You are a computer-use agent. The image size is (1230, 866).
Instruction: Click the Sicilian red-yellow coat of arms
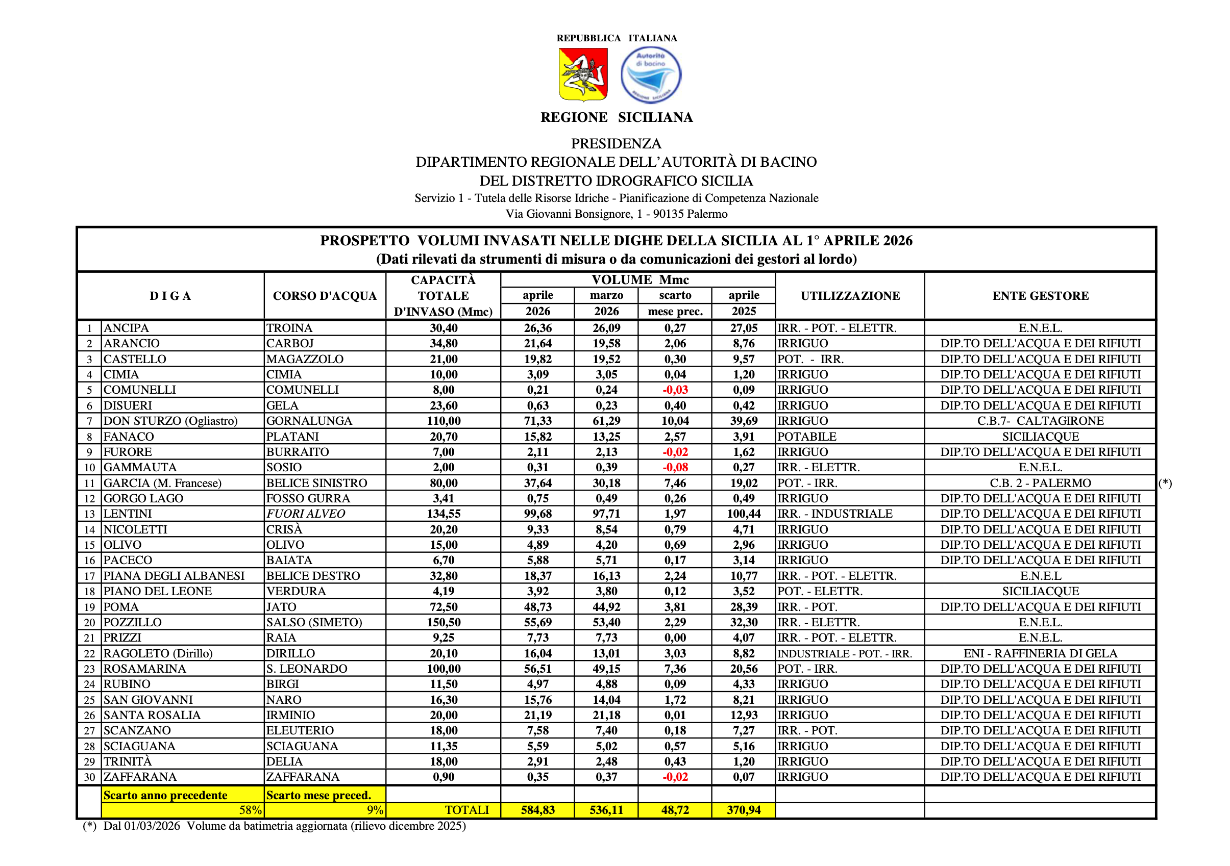(583, 74)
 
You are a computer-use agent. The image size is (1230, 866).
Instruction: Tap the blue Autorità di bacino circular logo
(651, 75)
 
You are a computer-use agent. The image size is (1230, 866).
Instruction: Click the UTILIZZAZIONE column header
(850, 296)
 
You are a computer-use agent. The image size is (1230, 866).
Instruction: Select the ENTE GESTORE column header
(1040, 296)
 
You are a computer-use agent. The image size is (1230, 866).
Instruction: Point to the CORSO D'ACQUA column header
(325, 296)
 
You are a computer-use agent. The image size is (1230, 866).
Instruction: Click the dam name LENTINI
(128, 514)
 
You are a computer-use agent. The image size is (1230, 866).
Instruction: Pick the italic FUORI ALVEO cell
(306, 514)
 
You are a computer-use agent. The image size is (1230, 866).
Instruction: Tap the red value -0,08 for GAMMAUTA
(675, 467)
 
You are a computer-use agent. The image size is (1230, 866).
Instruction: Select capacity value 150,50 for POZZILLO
(444, 623)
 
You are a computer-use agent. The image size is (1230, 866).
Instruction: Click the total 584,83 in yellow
(538, 810)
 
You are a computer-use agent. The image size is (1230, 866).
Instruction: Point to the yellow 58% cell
(250, 810)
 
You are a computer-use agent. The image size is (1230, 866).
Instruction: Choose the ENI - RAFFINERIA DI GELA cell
(1040, 653)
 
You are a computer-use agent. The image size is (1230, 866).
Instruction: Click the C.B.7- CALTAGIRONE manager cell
(1040, 421)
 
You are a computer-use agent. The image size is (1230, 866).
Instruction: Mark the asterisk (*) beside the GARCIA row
(1165, 483)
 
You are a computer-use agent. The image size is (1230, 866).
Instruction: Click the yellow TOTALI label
(467, 810)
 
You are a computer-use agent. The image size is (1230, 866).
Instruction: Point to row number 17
(89, 576)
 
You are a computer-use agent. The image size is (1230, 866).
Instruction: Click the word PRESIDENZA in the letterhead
(616, 143)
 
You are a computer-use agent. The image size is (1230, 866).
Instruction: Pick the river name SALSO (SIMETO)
(314, 623)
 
